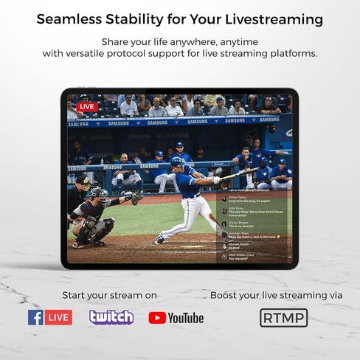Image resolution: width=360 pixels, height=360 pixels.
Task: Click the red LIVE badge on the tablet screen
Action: click(x=87, y=106)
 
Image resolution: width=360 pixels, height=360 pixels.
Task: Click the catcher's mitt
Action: click(x=137, y=196)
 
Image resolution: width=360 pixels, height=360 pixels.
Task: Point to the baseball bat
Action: click(x=240, y=174)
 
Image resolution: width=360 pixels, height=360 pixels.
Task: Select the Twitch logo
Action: click(x=111, y=317)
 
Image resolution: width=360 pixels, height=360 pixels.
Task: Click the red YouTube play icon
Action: click(x=157, y=318)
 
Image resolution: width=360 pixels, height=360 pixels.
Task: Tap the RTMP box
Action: click(x=283, y=318)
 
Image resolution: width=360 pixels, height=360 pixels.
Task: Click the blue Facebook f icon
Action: click(x=35, y=317)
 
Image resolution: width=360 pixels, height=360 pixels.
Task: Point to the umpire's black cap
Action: click(x=82, y=179)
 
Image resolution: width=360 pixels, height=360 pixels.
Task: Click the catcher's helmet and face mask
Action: click(x=96, y=195)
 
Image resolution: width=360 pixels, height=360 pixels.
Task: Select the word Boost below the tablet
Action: click(x=226, y=295)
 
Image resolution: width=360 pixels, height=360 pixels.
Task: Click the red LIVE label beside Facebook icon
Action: click(x=58, y=317)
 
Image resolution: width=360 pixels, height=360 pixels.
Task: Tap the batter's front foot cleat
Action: click(x=160, y=238)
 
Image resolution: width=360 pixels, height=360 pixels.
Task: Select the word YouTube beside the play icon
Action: click(x=186, y=318)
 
